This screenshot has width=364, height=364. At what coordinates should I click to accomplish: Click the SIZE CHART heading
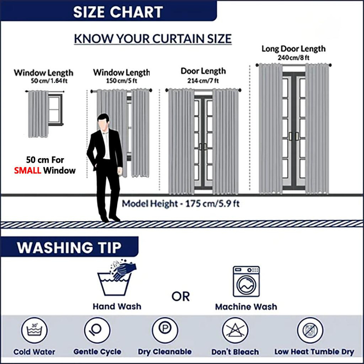tap(118, 12)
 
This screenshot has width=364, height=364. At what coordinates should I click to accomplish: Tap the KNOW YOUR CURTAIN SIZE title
tap(153, 39)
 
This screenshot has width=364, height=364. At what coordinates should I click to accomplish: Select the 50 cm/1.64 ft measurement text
tap(49, 81)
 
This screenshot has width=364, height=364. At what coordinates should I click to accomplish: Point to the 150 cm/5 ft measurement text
tap(121, 81)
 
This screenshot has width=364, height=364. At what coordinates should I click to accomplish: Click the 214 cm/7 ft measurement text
tap(203, 80)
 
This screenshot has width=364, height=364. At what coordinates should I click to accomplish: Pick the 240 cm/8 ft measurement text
tap(294, 57)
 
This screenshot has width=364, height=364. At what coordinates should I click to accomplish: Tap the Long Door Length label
tap(294, 49)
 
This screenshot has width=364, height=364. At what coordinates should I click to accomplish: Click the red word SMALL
tap(28, 171)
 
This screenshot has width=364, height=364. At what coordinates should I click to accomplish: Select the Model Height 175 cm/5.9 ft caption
tap(181, 204)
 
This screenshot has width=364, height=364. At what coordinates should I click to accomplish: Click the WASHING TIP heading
tap(69, 248)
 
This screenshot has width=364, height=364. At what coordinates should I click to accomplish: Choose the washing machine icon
tap(246, 281)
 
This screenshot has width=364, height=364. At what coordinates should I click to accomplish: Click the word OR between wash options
tap(181, 296)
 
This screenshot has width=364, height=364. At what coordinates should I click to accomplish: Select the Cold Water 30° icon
tap(34, 330)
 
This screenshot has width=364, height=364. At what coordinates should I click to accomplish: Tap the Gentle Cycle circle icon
tap(97, 330)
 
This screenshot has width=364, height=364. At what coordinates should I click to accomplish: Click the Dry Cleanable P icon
tap(165, 330)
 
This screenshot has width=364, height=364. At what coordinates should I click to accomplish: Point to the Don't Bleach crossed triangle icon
tap(235, 330)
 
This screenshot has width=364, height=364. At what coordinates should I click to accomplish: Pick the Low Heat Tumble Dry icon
tap(310, 330)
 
